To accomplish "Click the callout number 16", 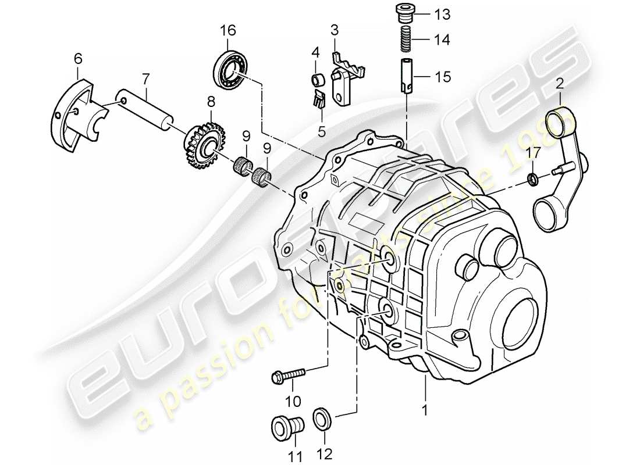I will point(228,30).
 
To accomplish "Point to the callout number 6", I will point(78,58).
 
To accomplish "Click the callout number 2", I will point(559,84).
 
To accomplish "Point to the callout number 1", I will point(425,410).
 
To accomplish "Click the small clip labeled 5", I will point(319,99).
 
